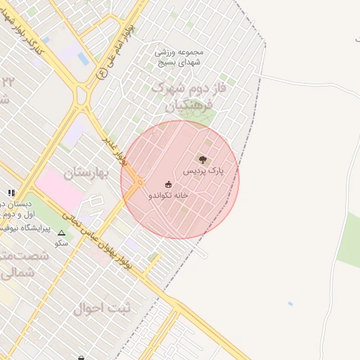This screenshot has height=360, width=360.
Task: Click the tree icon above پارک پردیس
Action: click(x=203, y=160)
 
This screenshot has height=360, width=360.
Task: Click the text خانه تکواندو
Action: click(x=168, y=196)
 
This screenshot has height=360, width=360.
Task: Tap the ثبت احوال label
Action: click(x=98, y=308)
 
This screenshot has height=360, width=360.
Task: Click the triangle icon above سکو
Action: click(x=61, y=233)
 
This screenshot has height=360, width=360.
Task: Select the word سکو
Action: click(x=61, y=243)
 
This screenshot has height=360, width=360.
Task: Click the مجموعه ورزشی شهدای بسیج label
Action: click(x=179, y=57)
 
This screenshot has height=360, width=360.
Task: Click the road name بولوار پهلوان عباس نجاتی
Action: click(x=98, y=243)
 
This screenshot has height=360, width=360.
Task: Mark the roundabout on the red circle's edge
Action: click(x=139, y=182)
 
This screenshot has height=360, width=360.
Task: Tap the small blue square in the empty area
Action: click(x=290, y=304)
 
